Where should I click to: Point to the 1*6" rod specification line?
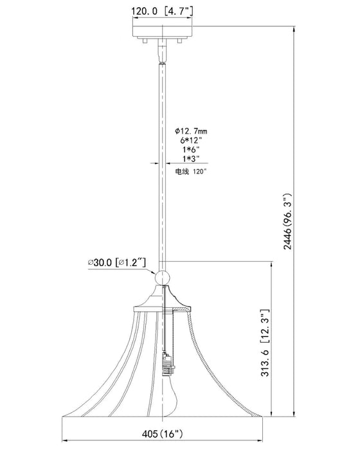[x=191, y=149]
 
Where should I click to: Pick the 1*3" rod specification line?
[x=191, y=158]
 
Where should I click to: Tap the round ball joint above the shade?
[x=162, y=277]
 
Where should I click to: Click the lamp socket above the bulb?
[x=168, y=364]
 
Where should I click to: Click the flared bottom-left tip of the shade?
[x=64, y=414]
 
